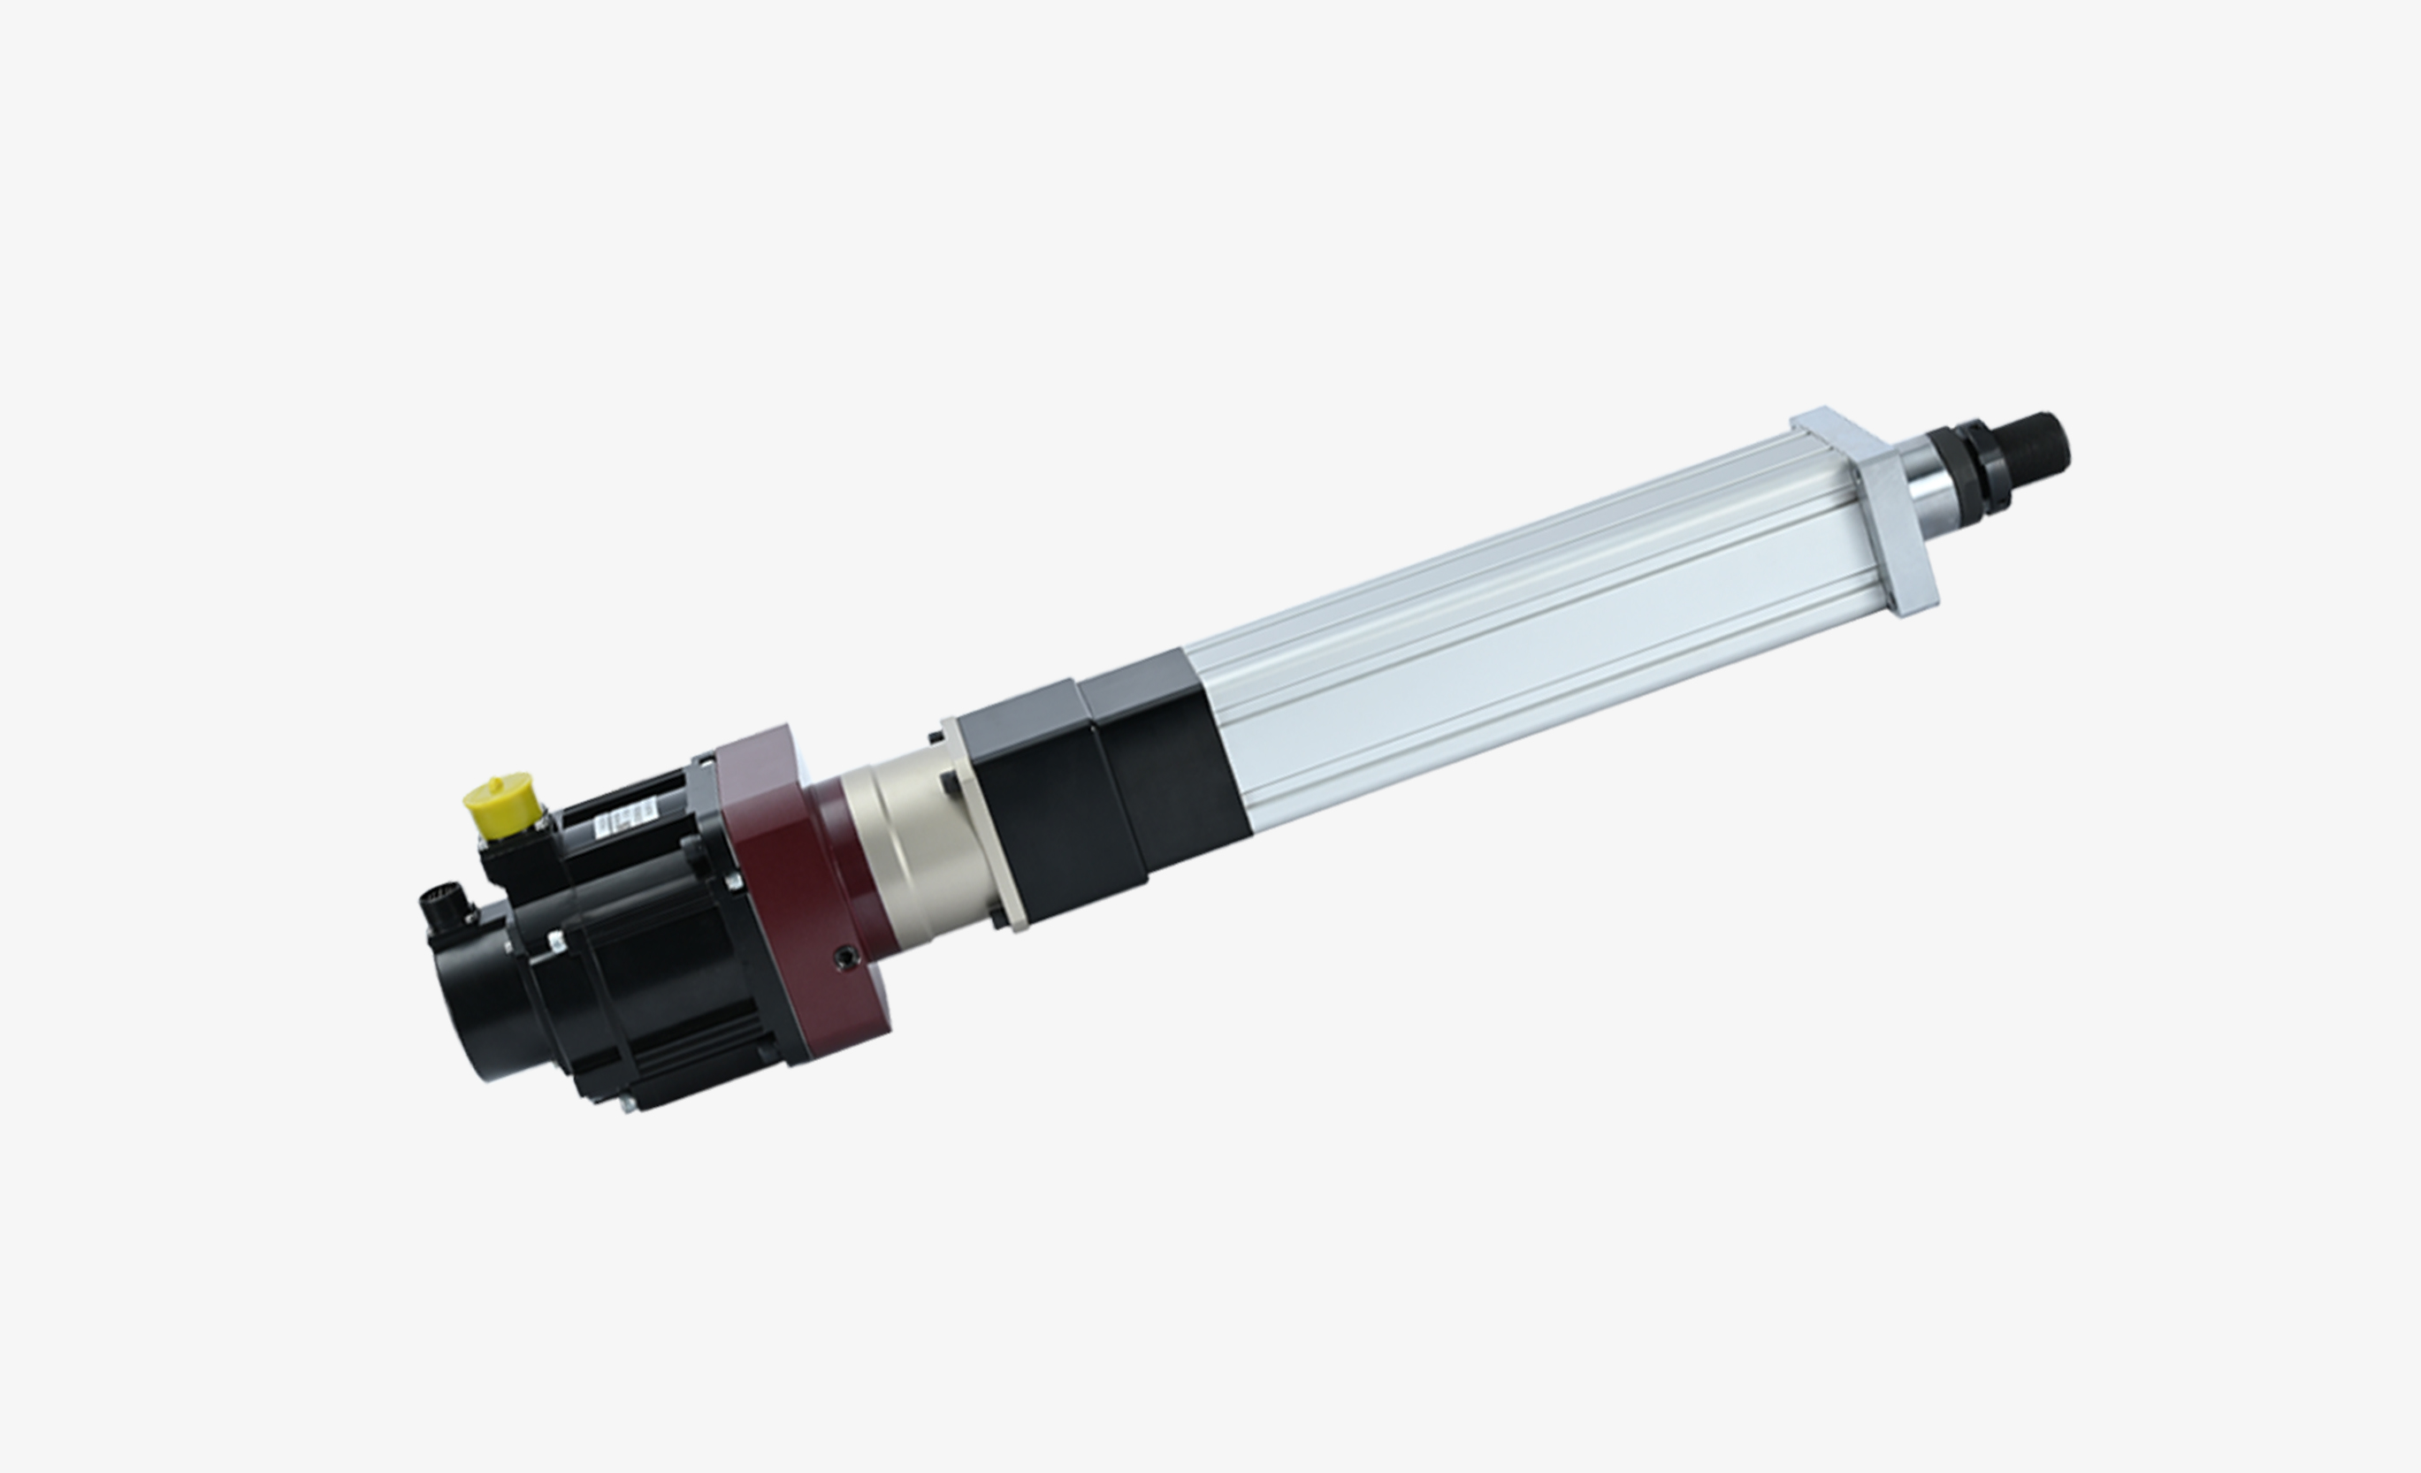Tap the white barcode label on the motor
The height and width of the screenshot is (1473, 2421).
click(x=625, y=818)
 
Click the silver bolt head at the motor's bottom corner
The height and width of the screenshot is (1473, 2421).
click(x=626, y=1103)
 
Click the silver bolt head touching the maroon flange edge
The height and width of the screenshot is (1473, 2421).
click(x=733, y=882)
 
